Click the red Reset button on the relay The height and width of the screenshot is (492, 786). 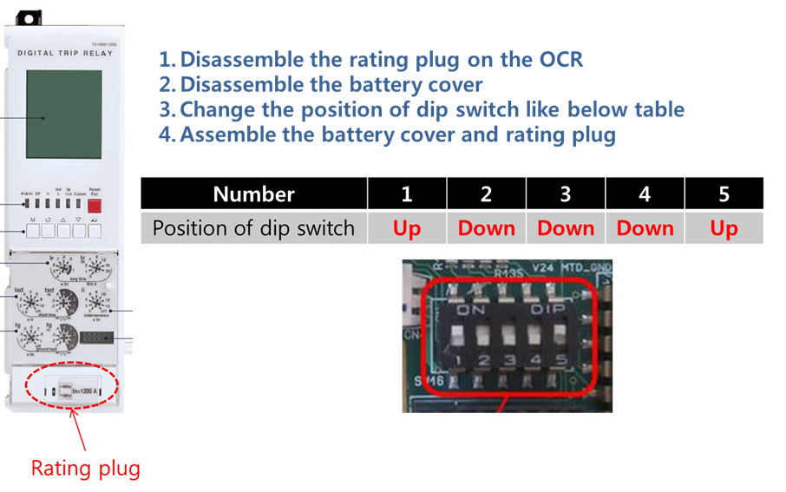95,206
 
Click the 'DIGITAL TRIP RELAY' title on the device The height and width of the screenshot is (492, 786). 65,53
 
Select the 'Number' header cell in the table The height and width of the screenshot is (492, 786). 253,194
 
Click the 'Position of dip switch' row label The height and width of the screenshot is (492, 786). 253,228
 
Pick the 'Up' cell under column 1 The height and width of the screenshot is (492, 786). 406,228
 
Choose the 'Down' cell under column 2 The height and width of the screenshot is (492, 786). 486,228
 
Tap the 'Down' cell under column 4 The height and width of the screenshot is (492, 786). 645,228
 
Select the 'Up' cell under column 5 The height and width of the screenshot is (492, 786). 724,228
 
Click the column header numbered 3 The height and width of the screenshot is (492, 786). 565,194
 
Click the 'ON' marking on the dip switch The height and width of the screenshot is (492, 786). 471,308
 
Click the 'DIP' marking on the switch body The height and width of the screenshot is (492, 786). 547,308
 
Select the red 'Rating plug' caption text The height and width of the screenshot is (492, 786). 85,469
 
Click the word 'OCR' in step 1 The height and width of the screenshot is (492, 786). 561,60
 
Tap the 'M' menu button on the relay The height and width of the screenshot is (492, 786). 34,231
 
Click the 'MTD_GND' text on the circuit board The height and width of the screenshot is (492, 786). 586,268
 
